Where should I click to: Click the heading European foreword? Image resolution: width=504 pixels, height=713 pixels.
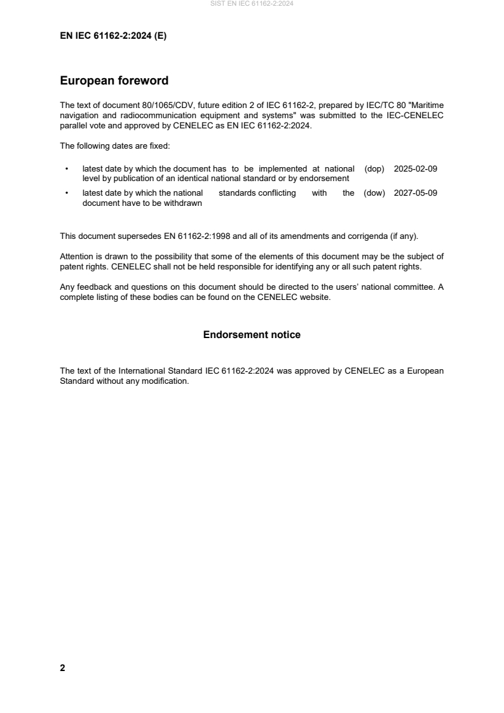coord(114,81)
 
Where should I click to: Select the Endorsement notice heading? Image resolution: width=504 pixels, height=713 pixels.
coord(252,334)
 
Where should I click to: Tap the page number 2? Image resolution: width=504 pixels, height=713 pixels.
coord(62,667)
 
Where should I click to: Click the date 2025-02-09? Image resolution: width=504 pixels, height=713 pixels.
coord(416,169)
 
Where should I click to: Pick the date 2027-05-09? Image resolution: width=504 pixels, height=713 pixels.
coord(416,193)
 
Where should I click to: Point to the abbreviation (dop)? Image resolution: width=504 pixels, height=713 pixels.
coord(375,169)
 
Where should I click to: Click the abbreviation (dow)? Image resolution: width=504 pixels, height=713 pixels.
coord(374,193)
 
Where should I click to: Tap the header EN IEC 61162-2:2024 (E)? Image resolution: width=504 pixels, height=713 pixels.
coord(113,36)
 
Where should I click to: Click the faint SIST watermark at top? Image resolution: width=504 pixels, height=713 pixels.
coord(252,4)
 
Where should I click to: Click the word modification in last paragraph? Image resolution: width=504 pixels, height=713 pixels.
coord(167,382)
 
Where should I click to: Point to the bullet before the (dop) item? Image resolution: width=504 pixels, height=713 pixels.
coord(67,169)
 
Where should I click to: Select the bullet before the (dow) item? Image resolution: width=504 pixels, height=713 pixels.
coord(67,193)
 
